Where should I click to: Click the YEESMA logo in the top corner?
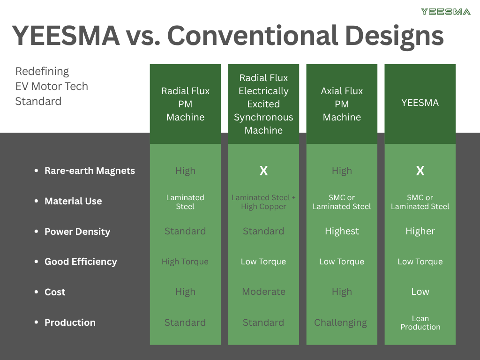click(445, 12)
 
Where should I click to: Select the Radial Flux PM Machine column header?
click(185, 104)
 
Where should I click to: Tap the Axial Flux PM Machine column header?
click(342, 104)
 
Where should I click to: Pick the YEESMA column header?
click(420, 103)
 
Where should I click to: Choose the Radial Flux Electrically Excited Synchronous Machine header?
click(263, 104)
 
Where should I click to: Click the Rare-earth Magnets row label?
click(90, 171)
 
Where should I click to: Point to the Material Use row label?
click(73, 201)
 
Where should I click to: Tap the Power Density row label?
click(77, 232)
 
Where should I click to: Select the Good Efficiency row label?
click(81, 262)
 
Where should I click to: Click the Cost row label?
click(55, 292)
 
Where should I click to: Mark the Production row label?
click(70, 322)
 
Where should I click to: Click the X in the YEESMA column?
click(420, 171)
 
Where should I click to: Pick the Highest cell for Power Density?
click(342, 231)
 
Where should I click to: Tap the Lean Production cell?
click(420, 322)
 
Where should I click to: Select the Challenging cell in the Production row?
click(341, 322)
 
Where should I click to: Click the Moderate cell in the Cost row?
click(263, 292)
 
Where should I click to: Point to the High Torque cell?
click(185, 262)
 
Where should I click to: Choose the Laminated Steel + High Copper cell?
click(263, 202)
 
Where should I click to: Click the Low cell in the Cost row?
click(420, 292)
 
